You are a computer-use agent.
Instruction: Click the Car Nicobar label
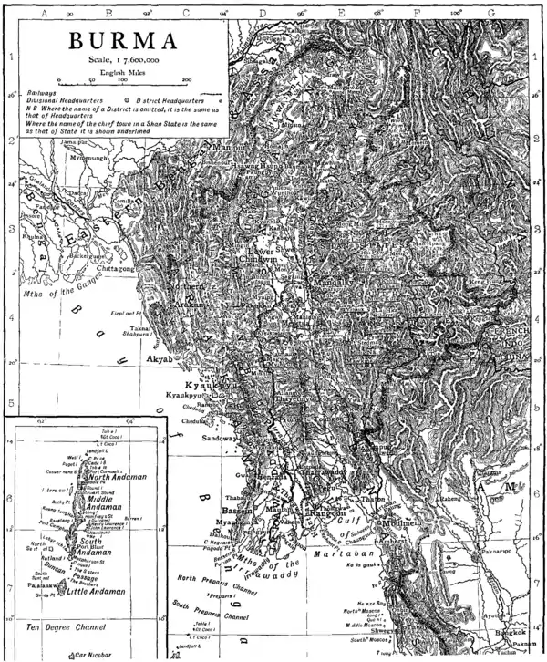89,656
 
